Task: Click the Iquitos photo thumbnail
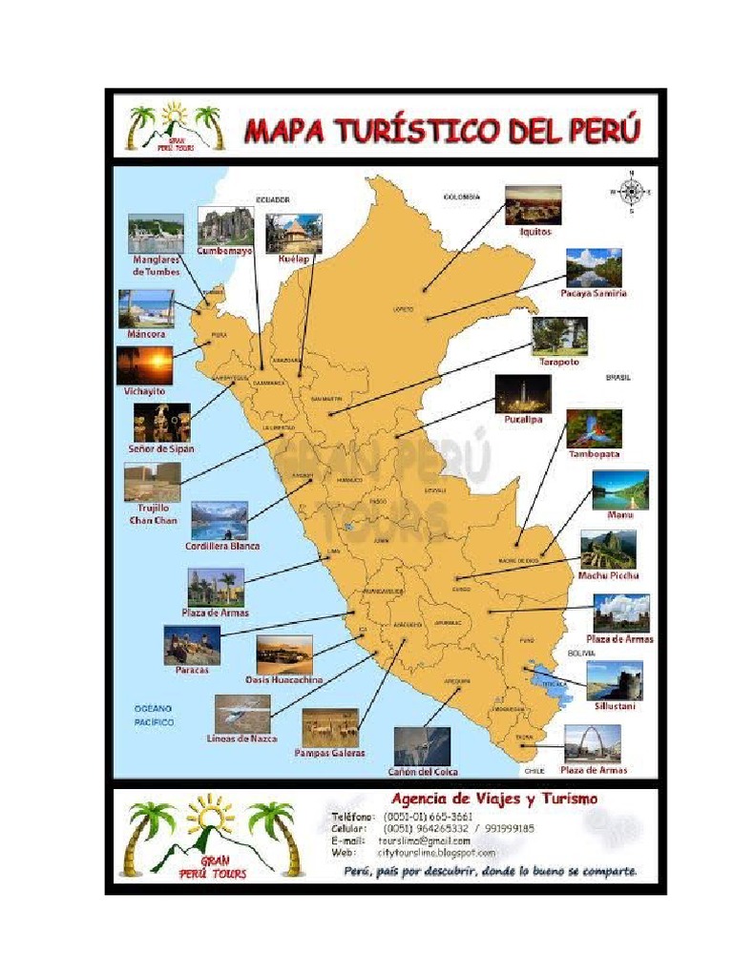(533, 204)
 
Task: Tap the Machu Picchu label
(608, 575)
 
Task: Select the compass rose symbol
(630, 192)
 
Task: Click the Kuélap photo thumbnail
(294, 233)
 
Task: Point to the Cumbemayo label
(225, 251)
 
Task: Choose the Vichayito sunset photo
(145, 364)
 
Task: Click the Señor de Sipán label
(161, 447)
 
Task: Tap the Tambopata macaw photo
(594, 428)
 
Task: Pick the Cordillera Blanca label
(222, 547)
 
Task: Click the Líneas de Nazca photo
(242, 713)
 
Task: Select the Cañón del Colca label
(422, 771)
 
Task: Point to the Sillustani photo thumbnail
(615, 680)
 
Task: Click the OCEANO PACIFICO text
(153, 716)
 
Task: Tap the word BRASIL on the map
(618, 377)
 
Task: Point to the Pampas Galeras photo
(330, 727)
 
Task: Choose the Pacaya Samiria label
(594, 293)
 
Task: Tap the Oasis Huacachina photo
(284, 655)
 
